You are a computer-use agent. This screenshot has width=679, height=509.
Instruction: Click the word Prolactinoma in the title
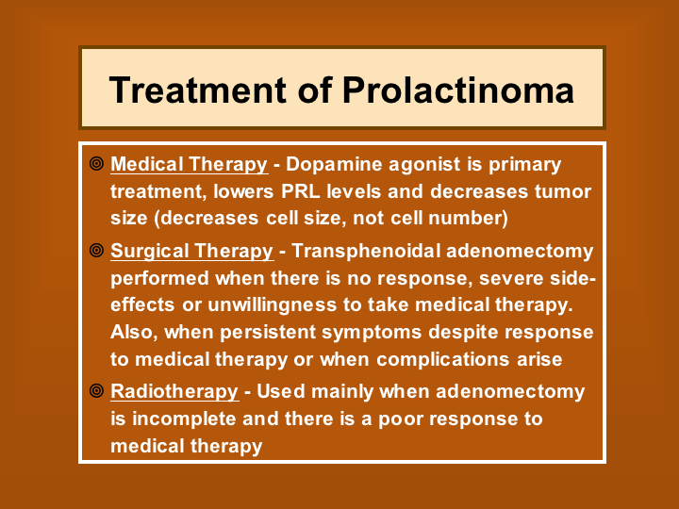(x=458, y=90)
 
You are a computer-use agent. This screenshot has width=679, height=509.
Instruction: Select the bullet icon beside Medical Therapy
(x=96, y=164)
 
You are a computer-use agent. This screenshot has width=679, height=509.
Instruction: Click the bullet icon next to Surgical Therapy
(x=96, y=250)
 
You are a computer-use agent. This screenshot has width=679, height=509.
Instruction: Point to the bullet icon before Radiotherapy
(x=96, y=391)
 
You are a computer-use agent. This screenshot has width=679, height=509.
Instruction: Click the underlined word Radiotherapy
(x=174, y=392)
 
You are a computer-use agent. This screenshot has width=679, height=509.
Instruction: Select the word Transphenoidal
(x=366, y=252)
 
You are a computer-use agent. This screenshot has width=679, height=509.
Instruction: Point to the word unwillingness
(x=273, y=305)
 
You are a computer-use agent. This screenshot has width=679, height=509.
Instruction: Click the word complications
(x=442, y=360)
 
